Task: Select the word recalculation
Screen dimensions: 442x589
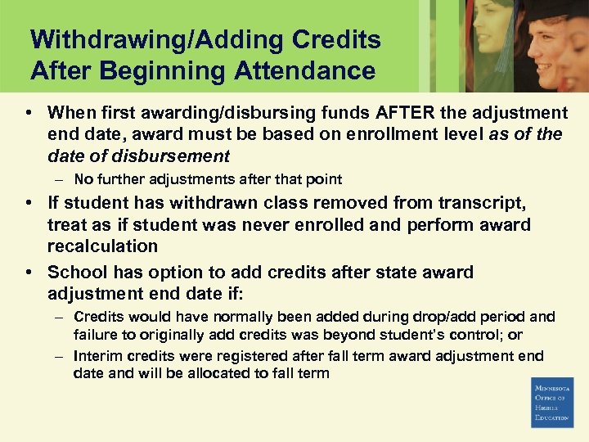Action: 102,246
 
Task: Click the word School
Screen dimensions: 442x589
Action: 76,273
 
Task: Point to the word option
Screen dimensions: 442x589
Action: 163,273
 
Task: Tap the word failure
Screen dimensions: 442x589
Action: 96,335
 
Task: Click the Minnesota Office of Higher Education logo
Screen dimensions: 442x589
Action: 552,402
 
